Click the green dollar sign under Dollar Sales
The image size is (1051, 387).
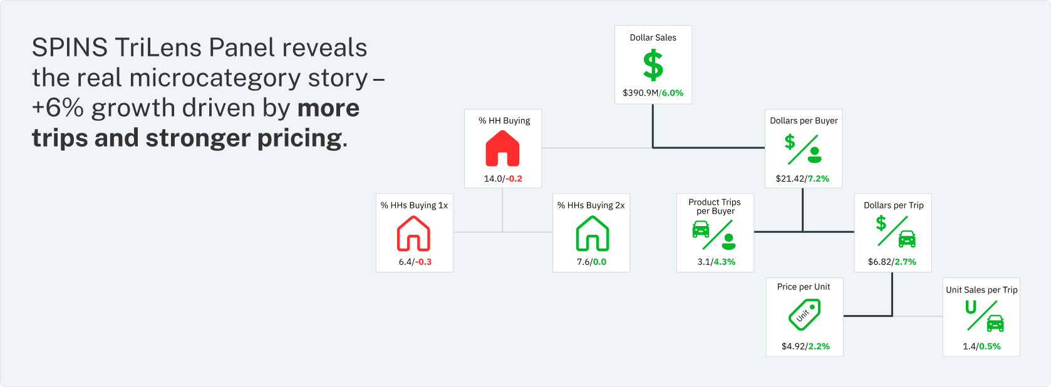(653, 65)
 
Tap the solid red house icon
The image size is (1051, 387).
(502, 148)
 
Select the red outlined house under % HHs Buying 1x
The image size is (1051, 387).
(413, 233)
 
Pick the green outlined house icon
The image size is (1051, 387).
(592, 233)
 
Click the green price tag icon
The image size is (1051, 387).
(804, 315)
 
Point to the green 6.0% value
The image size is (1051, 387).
(672, 93)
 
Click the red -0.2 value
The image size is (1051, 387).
(514, 178)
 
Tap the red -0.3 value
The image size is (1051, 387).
(423, 262)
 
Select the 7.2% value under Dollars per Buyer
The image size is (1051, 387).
(818, 178)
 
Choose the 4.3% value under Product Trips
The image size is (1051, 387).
(725, 262)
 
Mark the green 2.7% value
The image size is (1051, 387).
(905, 262)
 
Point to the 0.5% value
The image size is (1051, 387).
(990, 346)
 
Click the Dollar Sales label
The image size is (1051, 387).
(653, 38)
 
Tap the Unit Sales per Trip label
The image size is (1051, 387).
(981, 290)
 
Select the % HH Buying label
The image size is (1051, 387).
(504, 121)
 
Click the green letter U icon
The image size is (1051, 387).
(971, 307)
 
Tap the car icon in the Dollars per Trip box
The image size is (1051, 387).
(907, 239)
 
